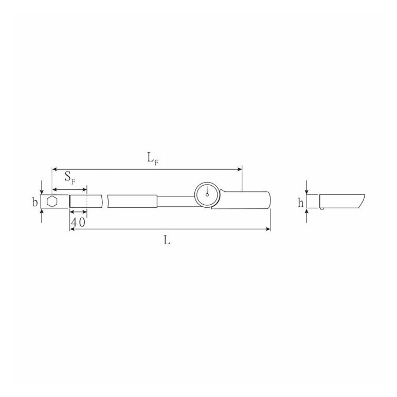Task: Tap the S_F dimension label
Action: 70,177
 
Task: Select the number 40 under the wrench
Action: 78,223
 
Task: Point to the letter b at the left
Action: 34,202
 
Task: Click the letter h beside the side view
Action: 300,203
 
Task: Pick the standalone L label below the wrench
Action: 167,240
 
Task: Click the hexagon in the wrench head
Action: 52,202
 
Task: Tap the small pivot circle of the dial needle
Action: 207,195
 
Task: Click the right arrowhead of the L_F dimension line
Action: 239,169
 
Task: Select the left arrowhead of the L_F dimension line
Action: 55,169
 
